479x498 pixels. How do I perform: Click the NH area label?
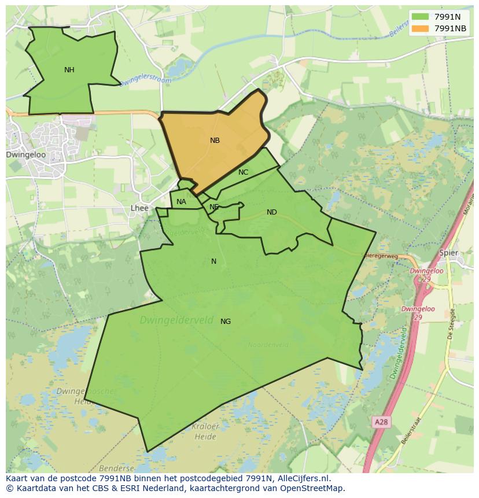(69, 70)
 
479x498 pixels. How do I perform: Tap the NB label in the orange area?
(215, 141)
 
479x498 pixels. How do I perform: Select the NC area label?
(243, 172)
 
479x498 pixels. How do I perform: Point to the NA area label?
(181, 202)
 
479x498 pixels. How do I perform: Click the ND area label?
(271, 212)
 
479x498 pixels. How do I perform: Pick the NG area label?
(226, 322)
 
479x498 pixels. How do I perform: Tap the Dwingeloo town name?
(25, 155)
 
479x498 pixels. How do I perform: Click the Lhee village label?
(139, 208)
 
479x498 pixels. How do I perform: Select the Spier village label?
(448, 253)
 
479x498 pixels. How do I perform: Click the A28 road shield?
(381, 422)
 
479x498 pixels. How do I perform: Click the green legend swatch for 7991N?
(421, 17)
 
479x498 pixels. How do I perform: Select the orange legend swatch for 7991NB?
(421, 28)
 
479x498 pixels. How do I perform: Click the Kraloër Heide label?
(205, 430)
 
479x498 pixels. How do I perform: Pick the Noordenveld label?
(268, 345)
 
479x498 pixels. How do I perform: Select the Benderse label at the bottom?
(117, 469)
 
